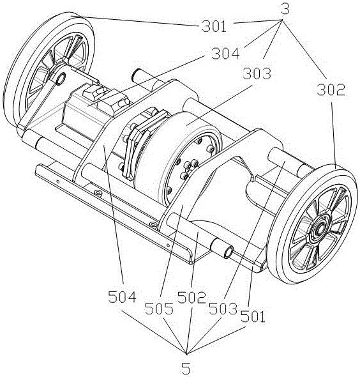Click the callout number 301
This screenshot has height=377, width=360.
pyautogui.click(x=214, y=26)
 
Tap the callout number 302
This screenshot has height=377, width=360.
pyautogui.click(x=331, y=90)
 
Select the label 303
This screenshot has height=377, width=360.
pyautogui.click(x=257, y=73)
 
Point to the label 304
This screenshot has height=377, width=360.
pyautogui.click(x=225, y=54)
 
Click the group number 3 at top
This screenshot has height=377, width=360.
pyautogui.click(x=285, y=9)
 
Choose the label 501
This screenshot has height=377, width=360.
pyautogui.click(x=253, y=316)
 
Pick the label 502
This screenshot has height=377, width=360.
pyautogui.click(x=191, y=297)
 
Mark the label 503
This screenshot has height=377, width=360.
pyautogui.click(x=223, y=309)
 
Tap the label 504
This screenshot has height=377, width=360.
pyautogui.click(x=123, y=296)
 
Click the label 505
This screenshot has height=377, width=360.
pyautogui.click(x=159, y=308)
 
